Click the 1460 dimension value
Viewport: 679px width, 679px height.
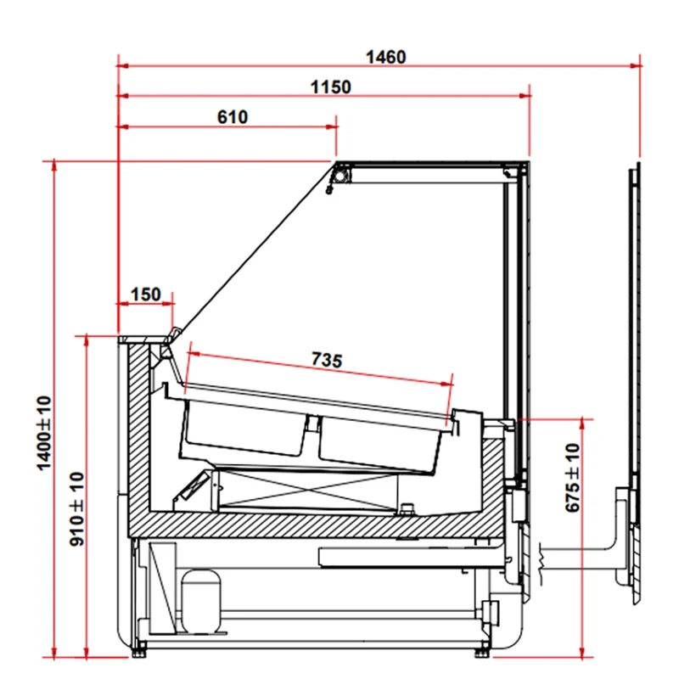[386, 57]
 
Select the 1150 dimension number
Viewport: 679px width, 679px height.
[331, 87]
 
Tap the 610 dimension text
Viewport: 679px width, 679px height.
[233, 117]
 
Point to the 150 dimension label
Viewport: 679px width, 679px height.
[146, 295]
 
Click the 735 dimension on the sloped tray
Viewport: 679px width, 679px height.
[327, 360]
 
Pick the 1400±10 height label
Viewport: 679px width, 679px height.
[44, 433]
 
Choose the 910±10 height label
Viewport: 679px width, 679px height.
[77, 509]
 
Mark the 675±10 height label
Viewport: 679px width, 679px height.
[572, 478]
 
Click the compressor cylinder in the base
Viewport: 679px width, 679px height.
[200, 602]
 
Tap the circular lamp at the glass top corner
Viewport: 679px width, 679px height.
[341, 176]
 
